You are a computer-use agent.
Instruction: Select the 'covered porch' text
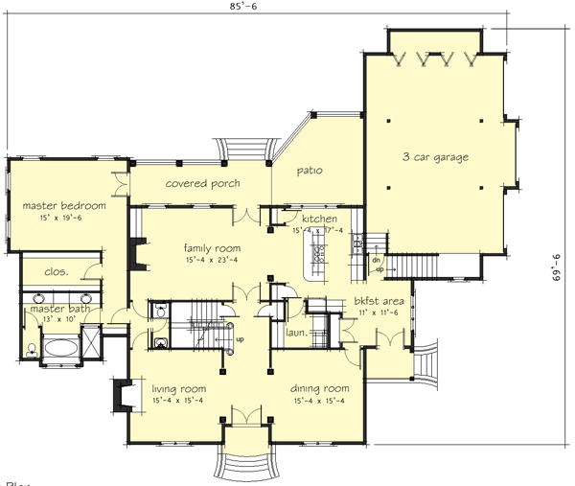pos(202,183)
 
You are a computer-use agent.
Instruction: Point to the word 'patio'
pos(309,171)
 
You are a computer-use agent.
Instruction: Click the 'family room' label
pos(213,247)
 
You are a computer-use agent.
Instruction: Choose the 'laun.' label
pos(296,333)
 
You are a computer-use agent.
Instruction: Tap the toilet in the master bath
pos(33,351)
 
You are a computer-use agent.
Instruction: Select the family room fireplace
pos(133,255)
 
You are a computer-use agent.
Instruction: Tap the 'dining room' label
pos(319,388)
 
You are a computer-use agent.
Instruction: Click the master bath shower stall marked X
pos(93,341)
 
